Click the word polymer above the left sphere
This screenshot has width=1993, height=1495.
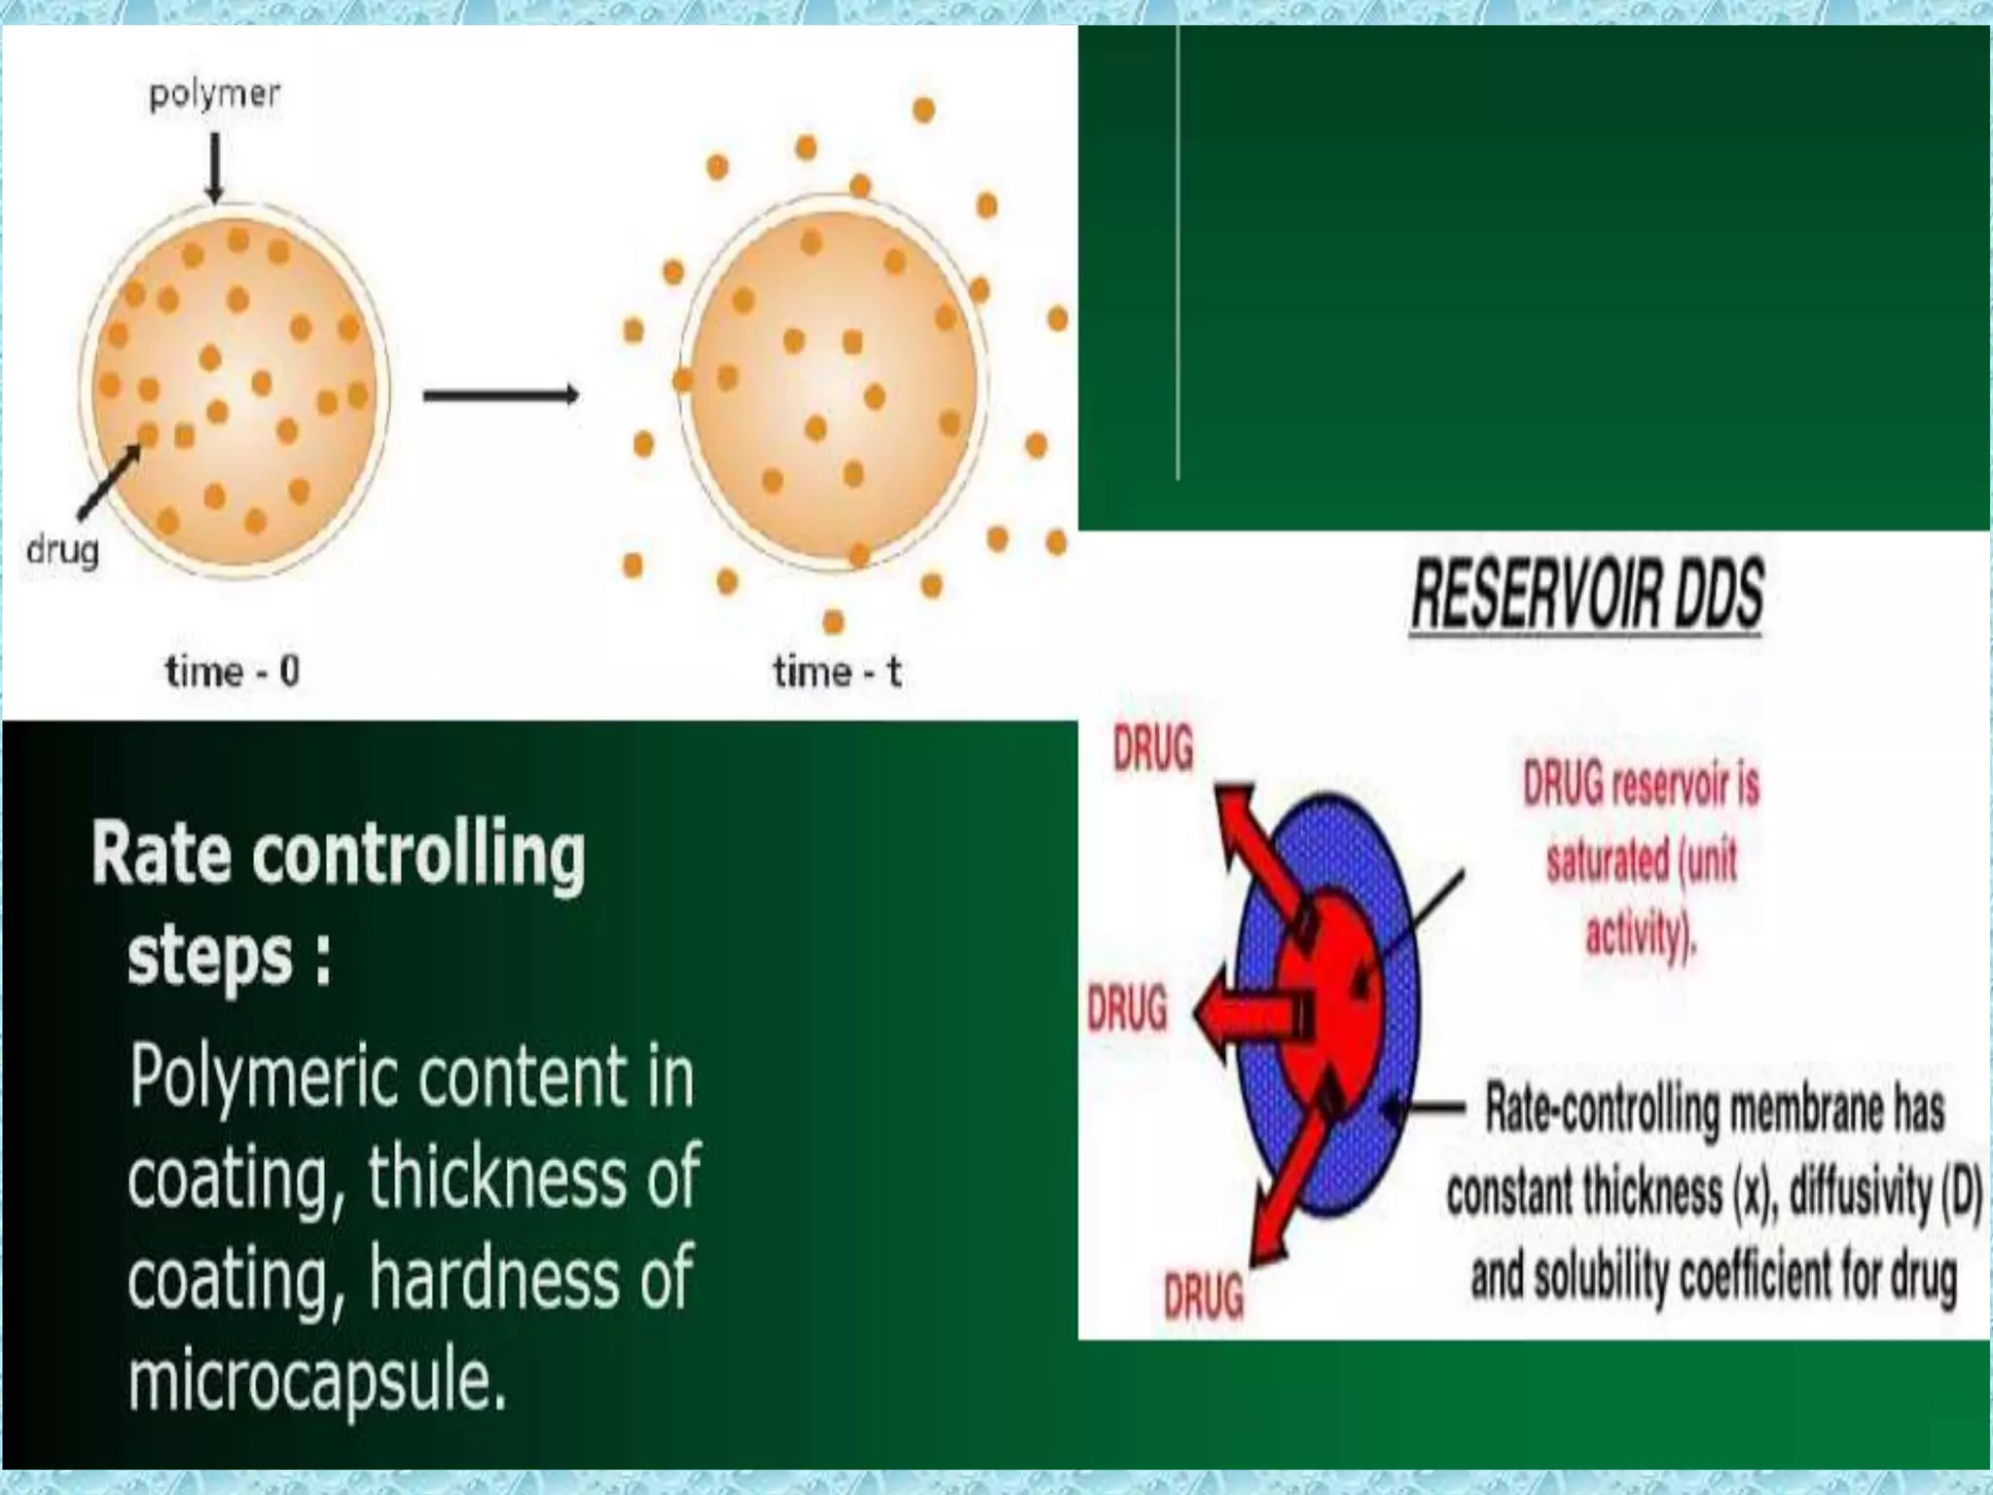point(214,94)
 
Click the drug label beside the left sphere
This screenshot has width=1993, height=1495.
point(62,550)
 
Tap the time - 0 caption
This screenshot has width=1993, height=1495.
point(232,672)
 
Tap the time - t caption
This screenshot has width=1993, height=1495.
point(837,672)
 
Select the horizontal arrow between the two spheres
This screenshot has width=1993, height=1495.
point(500,394)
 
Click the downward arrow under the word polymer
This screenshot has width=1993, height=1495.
point(215,166)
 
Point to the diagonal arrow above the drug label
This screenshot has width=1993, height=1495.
point(109,483)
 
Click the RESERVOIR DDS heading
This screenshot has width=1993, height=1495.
point(1586,595)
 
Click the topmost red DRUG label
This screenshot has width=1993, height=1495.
point(1153,750)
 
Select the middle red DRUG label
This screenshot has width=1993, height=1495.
point(1127,1008)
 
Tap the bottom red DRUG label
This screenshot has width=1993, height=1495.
point(1204,1295)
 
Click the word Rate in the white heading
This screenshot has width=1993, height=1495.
point(162,854)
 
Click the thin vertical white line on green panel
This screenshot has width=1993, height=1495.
point(1178,253)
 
